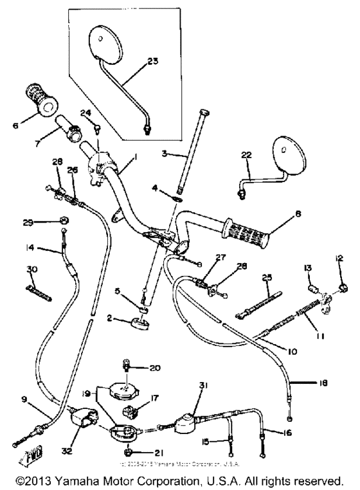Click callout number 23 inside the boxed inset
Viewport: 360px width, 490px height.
pos(152,62)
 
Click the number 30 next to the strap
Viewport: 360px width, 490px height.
pos(32,269)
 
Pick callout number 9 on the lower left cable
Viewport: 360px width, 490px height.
pos(25,399)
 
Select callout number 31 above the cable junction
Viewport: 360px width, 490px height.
pos(204,385)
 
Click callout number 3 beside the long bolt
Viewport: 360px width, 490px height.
pos(165,153)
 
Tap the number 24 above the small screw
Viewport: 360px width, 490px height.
pos(85,113)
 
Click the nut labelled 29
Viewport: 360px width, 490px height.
pos(65,222)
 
